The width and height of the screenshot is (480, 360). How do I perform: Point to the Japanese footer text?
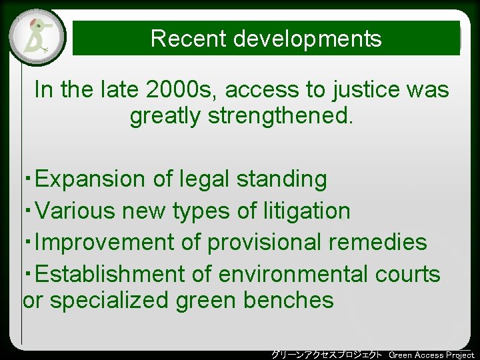click(x=327, y=355)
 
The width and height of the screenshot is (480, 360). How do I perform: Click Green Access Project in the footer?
click(x=431, y=355)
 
